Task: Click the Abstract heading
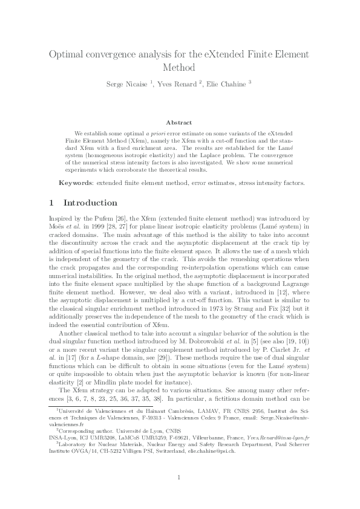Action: point(179,122)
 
